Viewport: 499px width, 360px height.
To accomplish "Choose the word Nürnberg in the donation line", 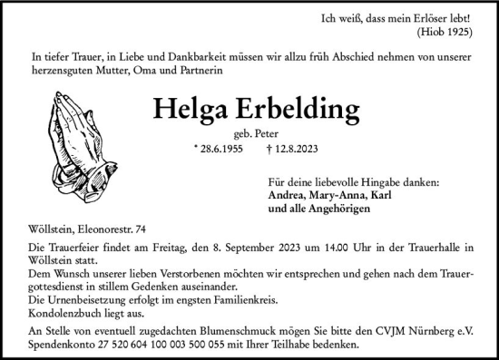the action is [x=431, y=331].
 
